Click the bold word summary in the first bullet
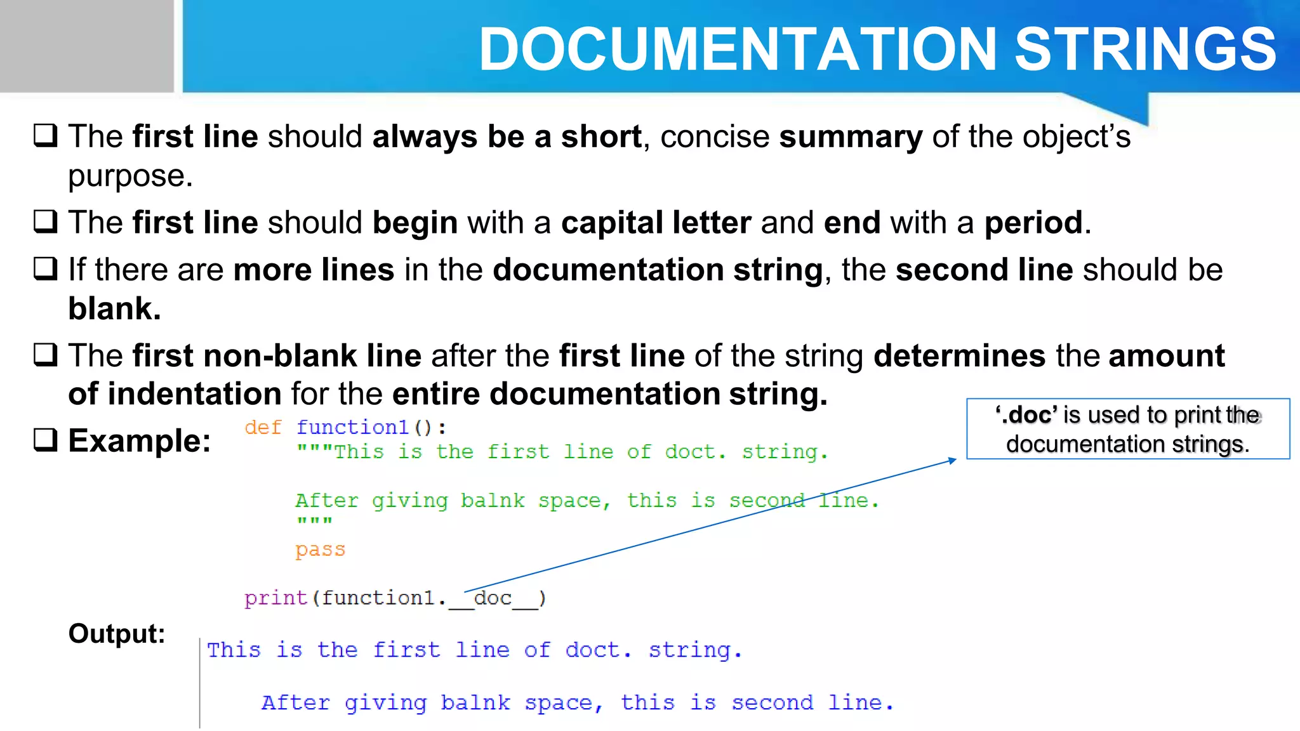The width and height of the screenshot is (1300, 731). point(851,137)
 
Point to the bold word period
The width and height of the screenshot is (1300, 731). point(1033,223)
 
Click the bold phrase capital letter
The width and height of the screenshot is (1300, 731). point(656,223)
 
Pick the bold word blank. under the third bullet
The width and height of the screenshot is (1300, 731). point(114,309)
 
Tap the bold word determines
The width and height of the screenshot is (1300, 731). point(959,355)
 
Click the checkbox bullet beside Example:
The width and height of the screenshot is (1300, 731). point(46,440)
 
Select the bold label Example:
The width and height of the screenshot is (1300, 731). point(139,440)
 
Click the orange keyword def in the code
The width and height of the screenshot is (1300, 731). point(263,428)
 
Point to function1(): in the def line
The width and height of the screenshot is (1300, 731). point(371,428)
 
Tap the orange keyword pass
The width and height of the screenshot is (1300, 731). point(320,550)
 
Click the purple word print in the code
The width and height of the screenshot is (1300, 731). point(276,598)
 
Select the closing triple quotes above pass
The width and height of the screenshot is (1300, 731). point(314,522)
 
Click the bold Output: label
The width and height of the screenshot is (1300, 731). point(117,633)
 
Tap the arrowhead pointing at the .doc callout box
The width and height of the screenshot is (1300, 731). point(953,460)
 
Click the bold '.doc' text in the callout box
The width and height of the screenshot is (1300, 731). point(1026,415)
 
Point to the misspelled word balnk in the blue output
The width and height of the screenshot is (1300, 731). point(475,703)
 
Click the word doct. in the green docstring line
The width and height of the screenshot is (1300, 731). point(695,452)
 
